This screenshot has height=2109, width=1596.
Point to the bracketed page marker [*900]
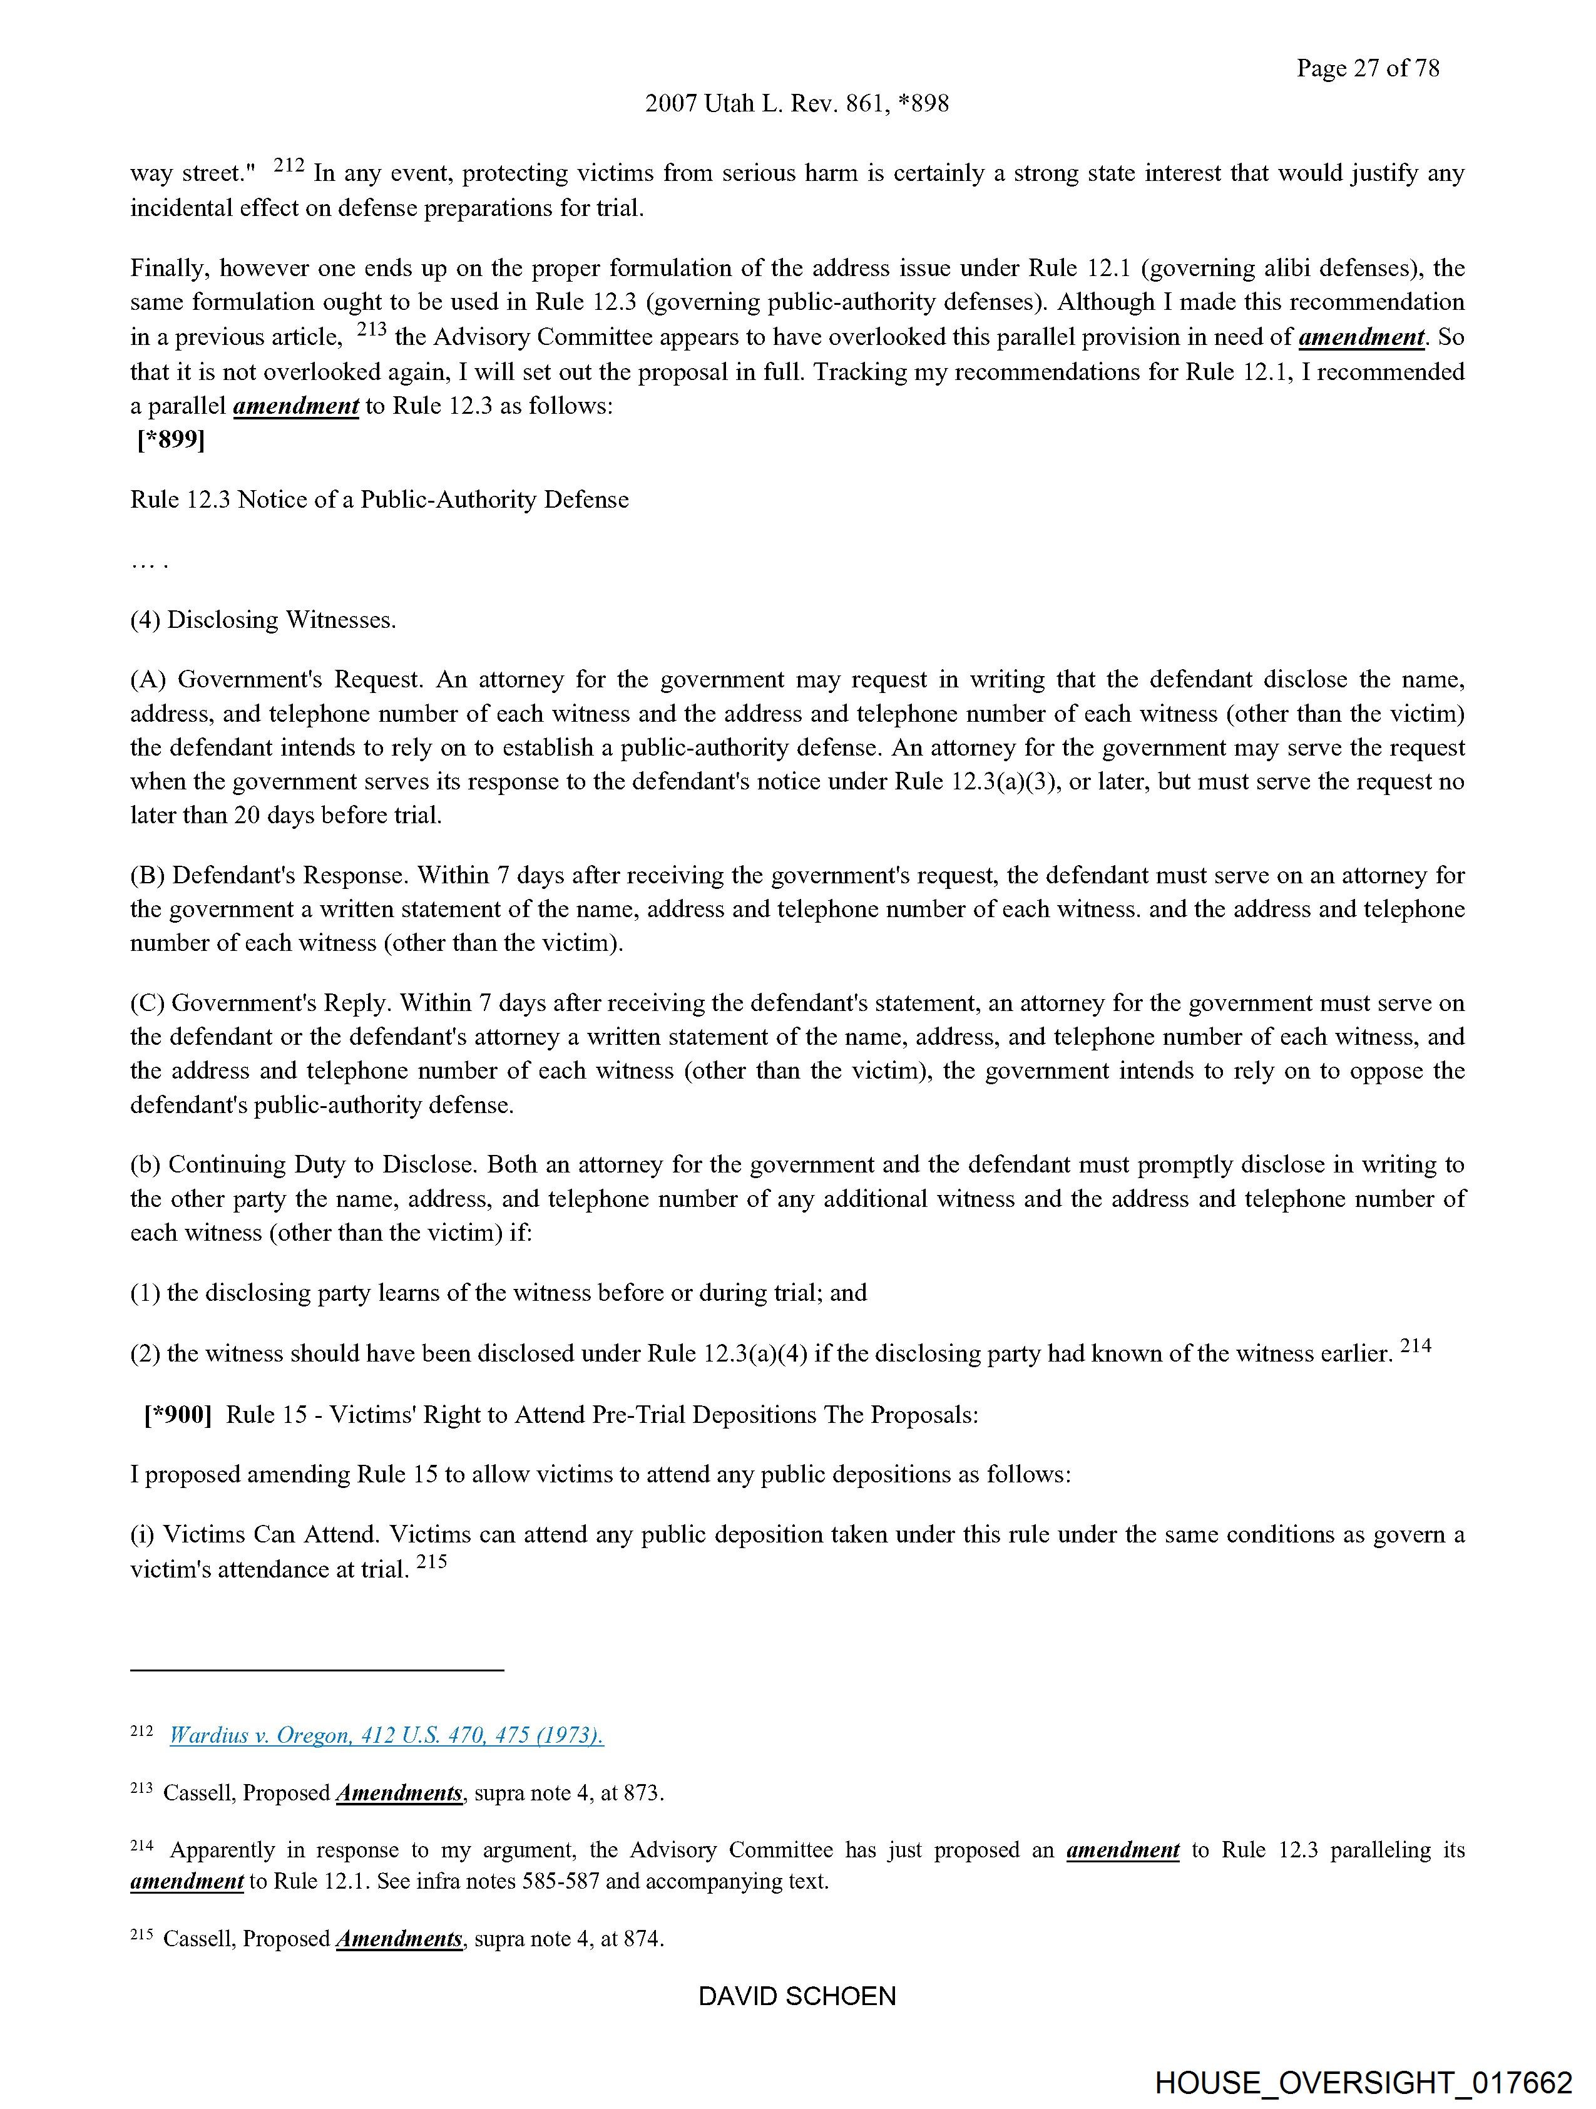click(177, 1414)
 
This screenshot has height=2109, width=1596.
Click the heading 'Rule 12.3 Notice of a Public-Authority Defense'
click(379, 500)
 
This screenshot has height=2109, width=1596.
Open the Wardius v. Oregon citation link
click(386, 1735)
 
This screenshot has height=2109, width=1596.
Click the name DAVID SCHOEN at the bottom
click(797, 1996)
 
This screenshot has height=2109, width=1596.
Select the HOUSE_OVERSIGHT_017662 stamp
click(1363, 2081)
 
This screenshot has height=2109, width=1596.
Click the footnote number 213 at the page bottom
click(141, 1790)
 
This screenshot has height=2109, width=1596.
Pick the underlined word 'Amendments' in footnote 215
click(399, 1938)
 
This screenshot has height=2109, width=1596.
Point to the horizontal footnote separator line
click(317, 1670)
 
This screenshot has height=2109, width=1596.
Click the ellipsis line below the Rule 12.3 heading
click(149, 562)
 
